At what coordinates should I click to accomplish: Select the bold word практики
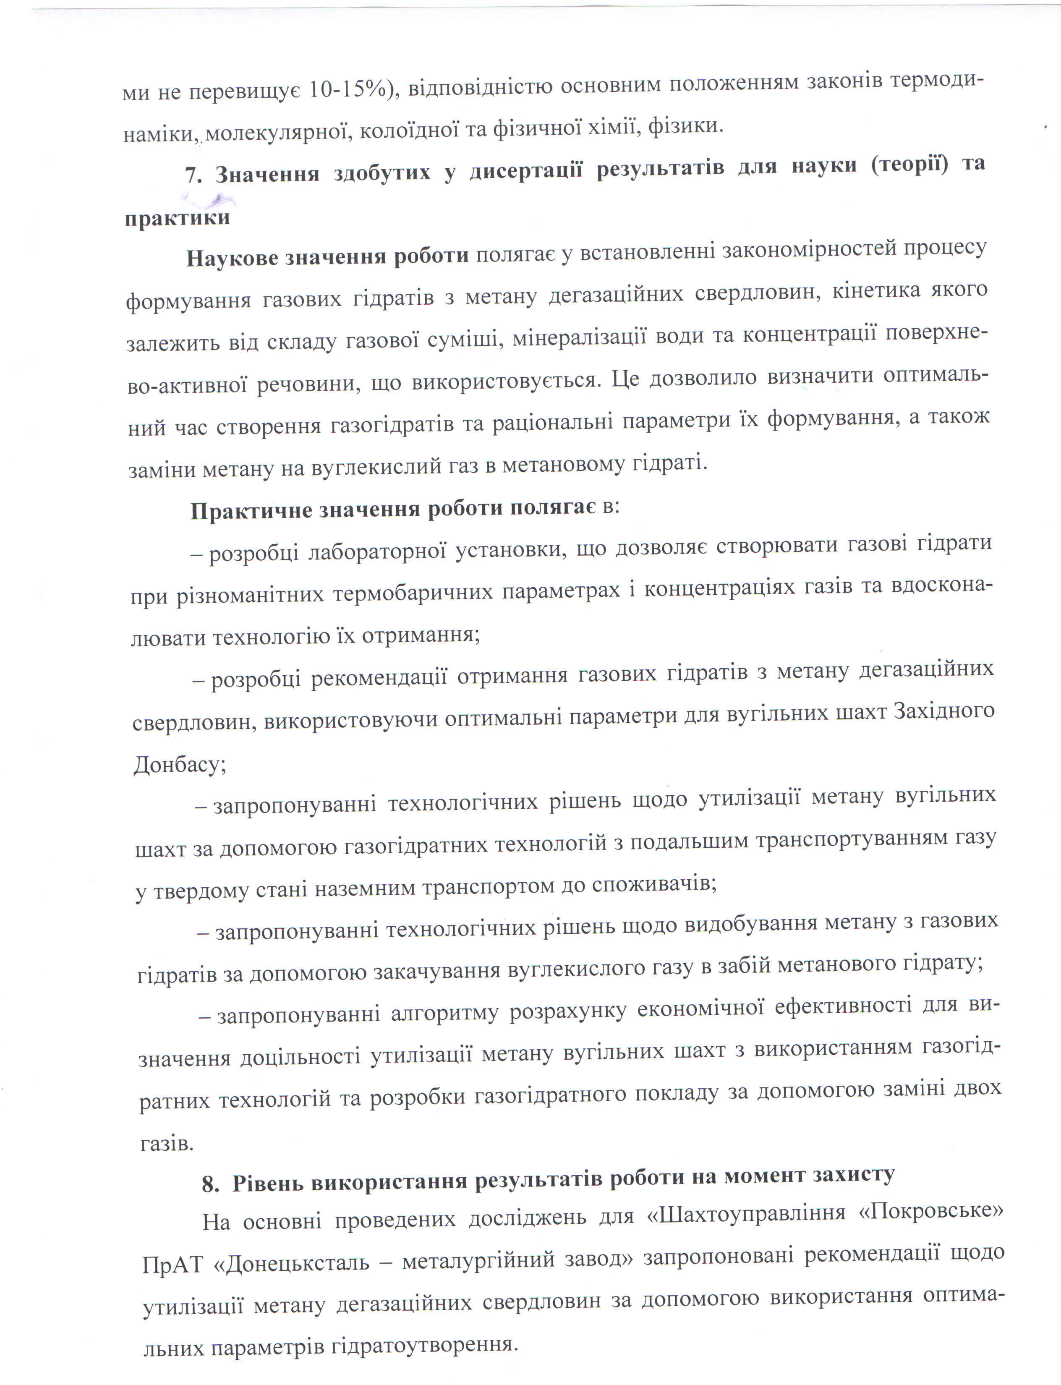click(177, 219)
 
